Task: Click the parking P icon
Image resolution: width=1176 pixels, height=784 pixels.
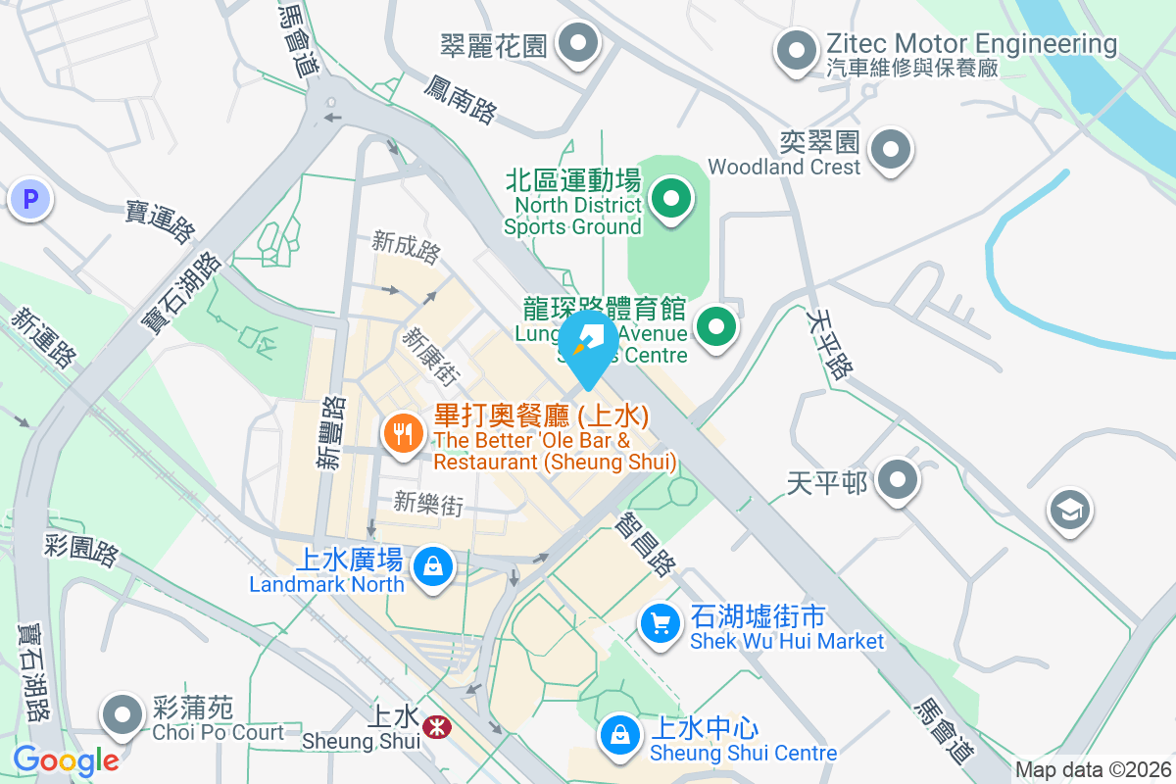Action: coord(30,200)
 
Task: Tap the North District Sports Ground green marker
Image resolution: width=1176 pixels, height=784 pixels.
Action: coord(671,200)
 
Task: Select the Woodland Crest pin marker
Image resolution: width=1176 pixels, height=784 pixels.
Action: coord(891,151)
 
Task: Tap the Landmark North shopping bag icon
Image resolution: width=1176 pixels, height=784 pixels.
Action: coord(431,566)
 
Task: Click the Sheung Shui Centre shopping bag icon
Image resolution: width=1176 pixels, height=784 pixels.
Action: coord(618,734)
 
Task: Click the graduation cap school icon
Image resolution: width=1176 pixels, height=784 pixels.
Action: coord(1069,511)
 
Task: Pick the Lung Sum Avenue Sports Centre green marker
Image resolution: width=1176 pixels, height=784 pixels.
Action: coord(716,324)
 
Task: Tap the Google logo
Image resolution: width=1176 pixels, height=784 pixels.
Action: coord(66,759)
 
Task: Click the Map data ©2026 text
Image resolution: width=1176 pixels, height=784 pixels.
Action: coord(1093,770)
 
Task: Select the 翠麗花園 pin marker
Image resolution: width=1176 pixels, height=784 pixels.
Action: coord(578,44)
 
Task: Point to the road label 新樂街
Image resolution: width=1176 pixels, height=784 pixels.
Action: coord(428,504)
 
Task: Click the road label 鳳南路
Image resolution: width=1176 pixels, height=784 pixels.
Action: coord(460,100)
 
